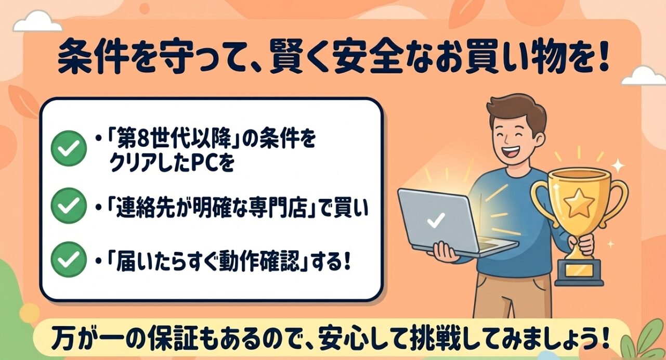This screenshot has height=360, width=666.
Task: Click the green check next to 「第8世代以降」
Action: (x=68, y=147)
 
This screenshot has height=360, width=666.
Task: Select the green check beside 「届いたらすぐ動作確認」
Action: (x=68, y=258)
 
